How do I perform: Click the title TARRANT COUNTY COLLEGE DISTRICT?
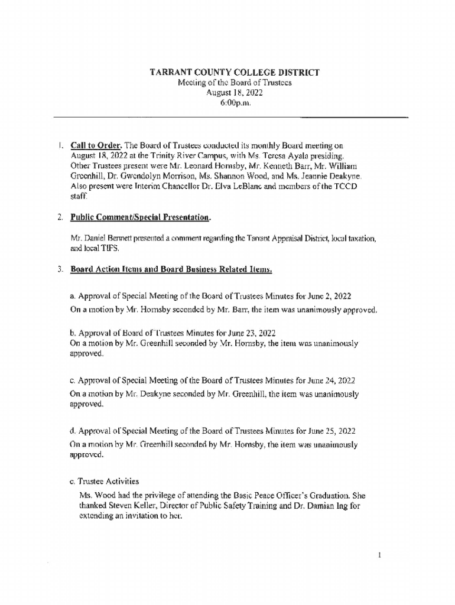coord(234,73)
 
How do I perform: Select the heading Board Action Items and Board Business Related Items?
coord(171,269)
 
